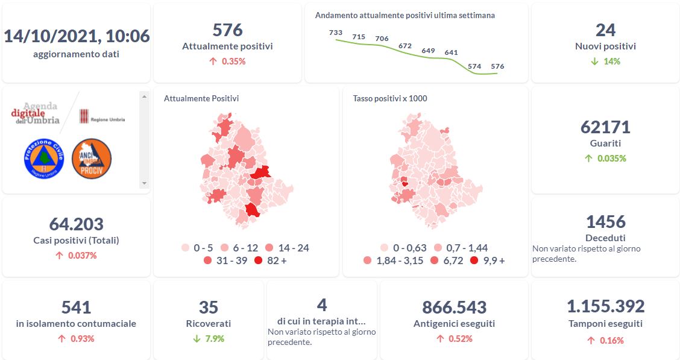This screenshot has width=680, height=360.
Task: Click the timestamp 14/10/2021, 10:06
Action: click(x=76, y=36)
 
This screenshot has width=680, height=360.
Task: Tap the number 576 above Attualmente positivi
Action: click(x=227, y=30)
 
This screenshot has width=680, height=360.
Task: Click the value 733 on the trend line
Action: click(x=336, y=33)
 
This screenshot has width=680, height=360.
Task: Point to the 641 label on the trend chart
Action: click(x=451, y=52)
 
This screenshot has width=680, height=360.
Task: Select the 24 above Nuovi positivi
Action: click(x=605, y=30)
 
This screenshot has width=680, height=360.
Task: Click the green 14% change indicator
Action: click(x=605, y=62)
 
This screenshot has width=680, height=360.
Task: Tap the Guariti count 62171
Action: click(x=605, y=127)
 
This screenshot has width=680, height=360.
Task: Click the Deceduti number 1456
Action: click(x=605, y=221)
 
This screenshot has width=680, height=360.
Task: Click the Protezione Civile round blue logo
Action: click(x=43, y=158)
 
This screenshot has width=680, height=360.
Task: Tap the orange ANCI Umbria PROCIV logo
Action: click(x=92, y=158)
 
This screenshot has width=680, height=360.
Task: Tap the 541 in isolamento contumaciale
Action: click(x=76, y=307)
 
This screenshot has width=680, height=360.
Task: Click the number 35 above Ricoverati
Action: click(x=208, y=307)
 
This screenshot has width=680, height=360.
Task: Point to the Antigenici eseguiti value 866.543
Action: click(x=454, y=307)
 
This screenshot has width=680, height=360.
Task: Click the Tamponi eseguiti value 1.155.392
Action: click(x=605, y=306)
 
